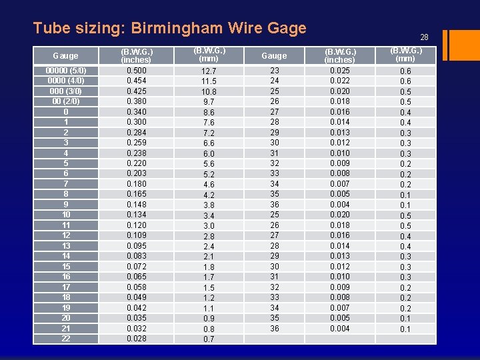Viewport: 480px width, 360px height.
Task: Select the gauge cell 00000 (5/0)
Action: (x=66, y=71)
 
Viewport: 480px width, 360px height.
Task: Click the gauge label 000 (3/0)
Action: (x=66, y=91)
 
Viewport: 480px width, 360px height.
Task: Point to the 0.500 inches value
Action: (x=137, y=71)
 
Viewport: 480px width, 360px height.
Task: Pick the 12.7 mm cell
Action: (x=209, y=71)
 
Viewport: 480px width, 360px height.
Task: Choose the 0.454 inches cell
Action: (x=137, y=81)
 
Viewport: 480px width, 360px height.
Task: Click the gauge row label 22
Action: (x=66, y=339)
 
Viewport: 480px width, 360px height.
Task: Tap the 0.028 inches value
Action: (x=137, y=339)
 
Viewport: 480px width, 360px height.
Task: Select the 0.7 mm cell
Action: (x=209, y=339)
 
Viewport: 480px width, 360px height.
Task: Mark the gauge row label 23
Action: (x=275, y=71)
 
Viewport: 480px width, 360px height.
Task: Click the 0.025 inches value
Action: (x=339, y=71)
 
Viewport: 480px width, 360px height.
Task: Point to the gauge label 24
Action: (x=275, y=81)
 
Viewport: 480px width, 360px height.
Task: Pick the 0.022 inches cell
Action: (x=339, y=81)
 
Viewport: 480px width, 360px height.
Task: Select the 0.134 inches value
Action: (x=137, y=215)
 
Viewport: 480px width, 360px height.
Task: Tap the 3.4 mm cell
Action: (x=209, y=215)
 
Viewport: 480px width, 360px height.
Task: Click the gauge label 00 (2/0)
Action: (x=66, y=101)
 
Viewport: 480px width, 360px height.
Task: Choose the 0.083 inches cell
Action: (x=137, y=256)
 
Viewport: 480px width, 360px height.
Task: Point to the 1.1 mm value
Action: (x=209, y=308)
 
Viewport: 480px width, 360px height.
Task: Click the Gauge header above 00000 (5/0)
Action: (x=65, y=56)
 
